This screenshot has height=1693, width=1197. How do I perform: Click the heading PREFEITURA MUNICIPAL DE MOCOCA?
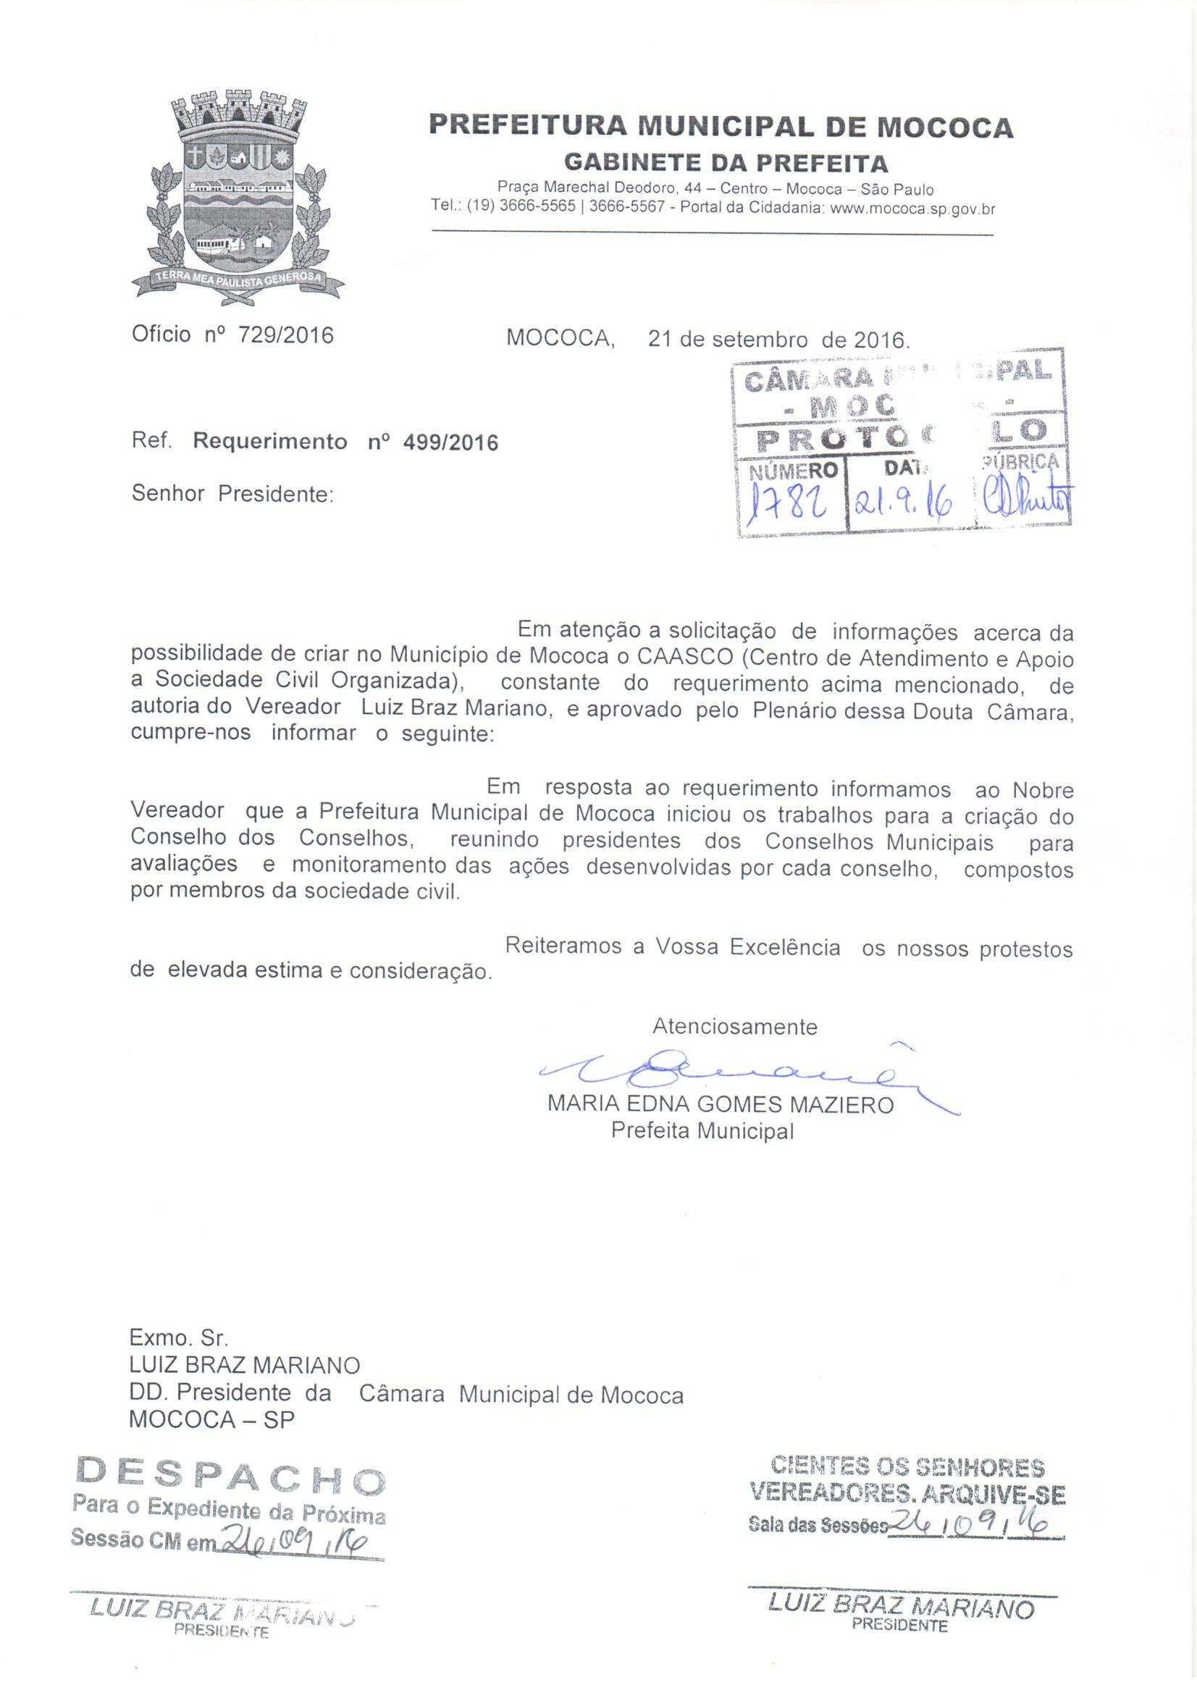[x=721, y=127]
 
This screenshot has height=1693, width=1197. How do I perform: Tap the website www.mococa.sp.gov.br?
[x=912, y=209]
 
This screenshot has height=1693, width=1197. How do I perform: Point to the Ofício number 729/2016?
[x=285, y=335]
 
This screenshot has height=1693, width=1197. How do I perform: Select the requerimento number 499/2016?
[x=450, y=442]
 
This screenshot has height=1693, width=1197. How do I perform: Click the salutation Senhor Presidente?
[x=232, y=493]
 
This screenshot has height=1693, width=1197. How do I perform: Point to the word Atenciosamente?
[x=734, y=1026]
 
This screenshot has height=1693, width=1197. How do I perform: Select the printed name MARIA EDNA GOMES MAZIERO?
[x=720, y=1104]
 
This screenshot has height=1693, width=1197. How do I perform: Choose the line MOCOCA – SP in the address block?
[x=211, y=1419]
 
